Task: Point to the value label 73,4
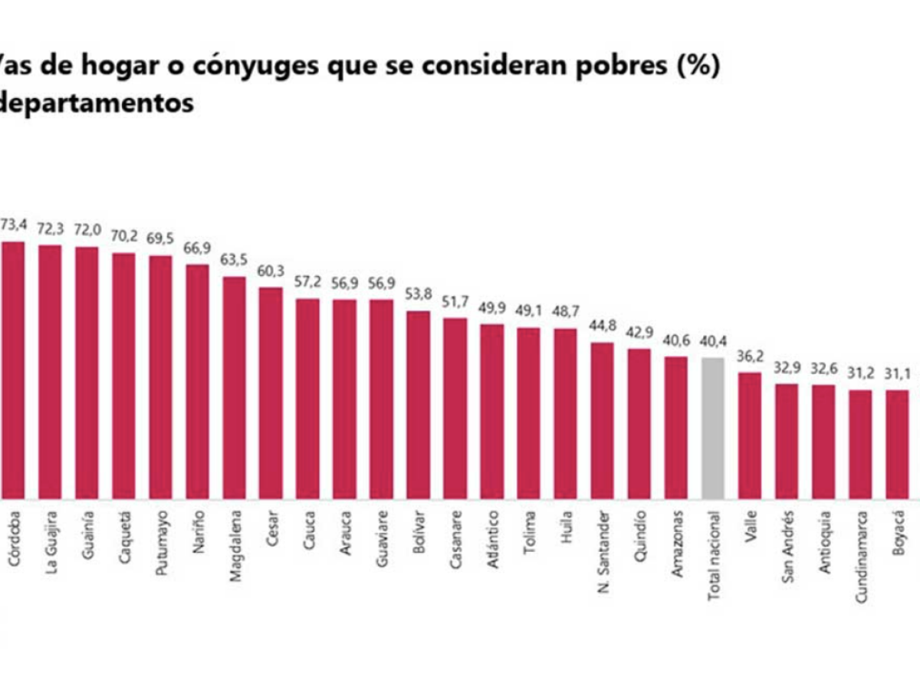pyautogui.click(x=13, y=225)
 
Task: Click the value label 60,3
pyautogui.click(x=271, y=271)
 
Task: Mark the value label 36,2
pyautogui.click(x=750, y=356)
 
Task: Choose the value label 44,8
pyautogui.click(x=603, y=326)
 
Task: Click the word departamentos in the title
pyautogui.click(x=96, y=103)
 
